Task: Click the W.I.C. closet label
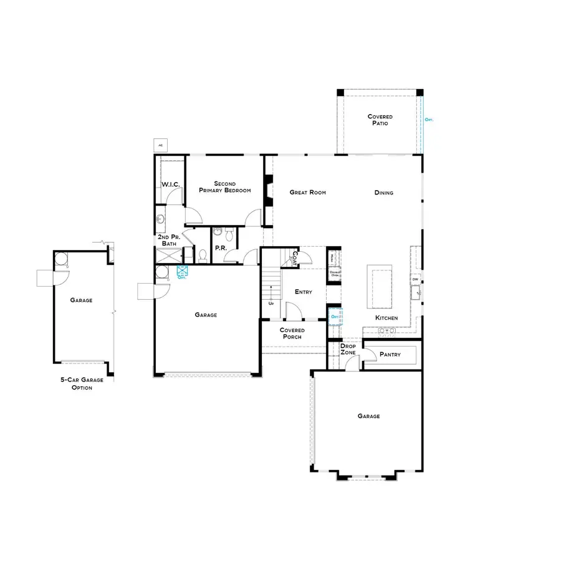(x=171, y=185)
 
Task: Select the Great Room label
(x=308, y=193)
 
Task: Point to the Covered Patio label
(x=380, y=120)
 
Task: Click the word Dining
(x=384, y=193)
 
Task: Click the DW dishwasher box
(x=415, y=280)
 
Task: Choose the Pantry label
(x=390, y=355)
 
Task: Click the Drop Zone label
(x=348, y=349)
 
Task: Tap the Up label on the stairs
(x=271, y=304)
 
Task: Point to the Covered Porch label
(x=292, y=333)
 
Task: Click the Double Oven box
(x=335, y=274)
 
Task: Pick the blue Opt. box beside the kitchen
(x=335, y=317)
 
